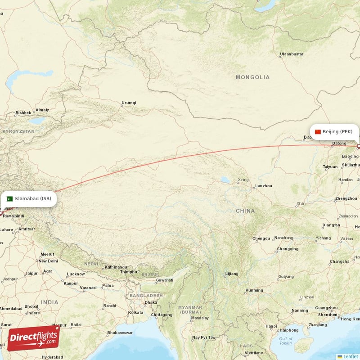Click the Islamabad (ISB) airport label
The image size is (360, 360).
pos(32,198)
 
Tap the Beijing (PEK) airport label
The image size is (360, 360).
pos(337,132)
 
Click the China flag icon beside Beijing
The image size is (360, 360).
pos(318,132)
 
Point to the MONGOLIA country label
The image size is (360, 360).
pos(252,77)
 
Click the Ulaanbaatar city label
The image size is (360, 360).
pos(292,54)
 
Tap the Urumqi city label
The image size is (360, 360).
pos(129,103)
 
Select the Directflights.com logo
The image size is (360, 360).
pos(33,338)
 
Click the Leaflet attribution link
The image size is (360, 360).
pos(351,356)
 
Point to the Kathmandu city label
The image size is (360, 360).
pos(116,267)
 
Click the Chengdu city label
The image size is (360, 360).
pos(261,238)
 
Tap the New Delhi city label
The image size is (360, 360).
pos(48,261)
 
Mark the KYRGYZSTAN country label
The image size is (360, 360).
pos(18,131)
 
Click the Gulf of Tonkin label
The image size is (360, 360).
pos(285,342)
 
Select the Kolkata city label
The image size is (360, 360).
pos(135,312)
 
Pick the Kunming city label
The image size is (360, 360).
pos(254,290)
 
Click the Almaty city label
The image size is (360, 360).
pos(42,110)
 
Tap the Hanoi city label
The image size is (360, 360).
pos(271,326)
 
